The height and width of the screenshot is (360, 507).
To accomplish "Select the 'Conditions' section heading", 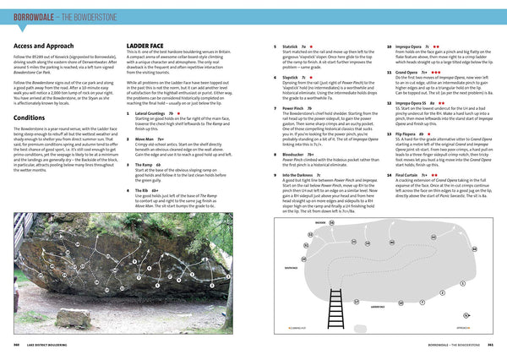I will pyautogui.click(x=30, y=117).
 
